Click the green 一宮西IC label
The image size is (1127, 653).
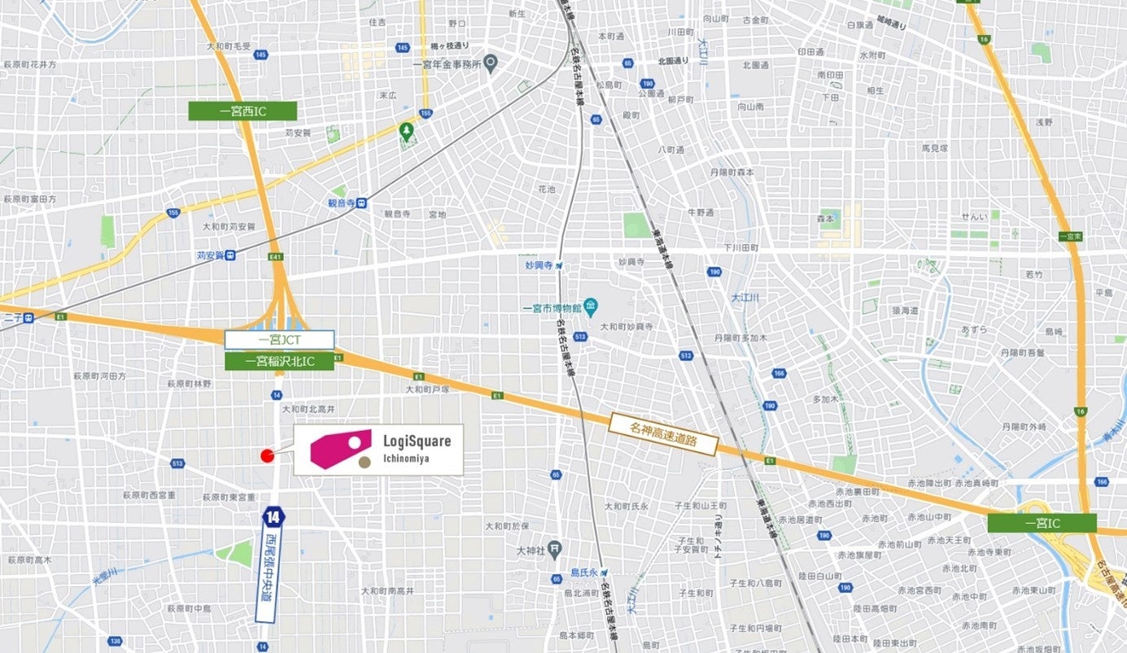[x=242, y=111]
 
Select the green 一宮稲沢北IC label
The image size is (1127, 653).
[x=279, y=361]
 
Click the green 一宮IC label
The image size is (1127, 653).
[x=1042, y=523]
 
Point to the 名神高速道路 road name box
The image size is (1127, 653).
[x=662, y=433]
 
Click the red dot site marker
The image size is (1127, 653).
[x=266, y=455]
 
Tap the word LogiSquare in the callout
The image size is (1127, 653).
[x=417, y=441]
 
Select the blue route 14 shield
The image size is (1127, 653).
[x=273, y=516]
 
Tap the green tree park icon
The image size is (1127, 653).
[x=406, y=129]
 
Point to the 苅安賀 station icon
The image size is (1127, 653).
[x=231, y=255]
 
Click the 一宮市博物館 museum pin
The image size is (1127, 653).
[x=591, y=307]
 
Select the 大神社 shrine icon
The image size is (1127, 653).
[x=553, y=550]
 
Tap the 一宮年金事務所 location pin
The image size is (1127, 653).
[x=490, y=62]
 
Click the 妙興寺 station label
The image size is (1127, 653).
[x=539, y=265]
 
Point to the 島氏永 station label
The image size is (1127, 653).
[x=583, y=572]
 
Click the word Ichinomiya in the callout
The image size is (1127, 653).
[x=406, y=459]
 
